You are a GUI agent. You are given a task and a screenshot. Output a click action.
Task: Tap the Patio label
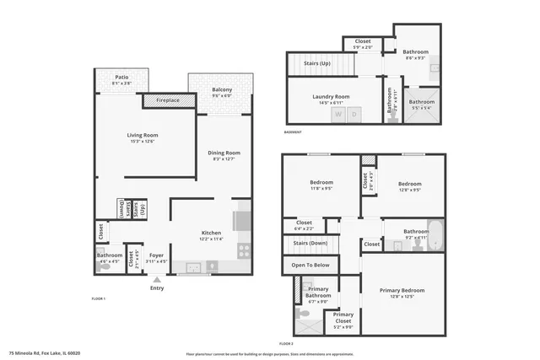(121, 78)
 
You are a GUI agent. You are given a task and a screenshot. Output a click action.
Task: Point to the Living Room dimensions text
(143, 141)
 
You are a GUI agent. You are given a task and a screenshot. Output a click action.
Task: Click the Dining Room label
(224, 153)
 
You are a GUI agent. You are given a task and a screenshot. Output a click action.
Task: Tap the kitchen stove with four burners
(244, 250)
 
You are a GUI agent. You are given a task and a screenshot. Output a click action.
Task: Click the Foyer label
(157, 255)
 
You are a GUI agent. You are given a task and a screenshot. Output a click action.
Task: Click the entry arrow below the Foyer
(157, 279)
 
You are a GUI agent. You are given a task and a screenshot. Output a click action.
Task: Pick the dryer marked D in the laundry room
(355, 114)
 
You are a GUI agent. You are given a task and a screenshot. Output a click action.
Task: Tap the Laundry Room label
(331, 96)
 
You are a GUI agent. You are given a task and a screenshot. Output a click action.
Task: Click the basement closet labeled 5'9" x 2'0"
(363, 41)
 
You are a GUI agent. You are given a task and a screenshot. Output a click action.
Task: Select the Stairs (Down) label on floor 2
(310, 243)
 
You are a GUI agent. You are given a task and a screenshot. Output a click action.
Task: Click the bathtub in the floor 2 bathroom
(435, 230)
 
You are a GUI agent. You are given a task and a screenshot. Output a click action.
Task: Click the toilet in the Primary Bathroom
(309, 287)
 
